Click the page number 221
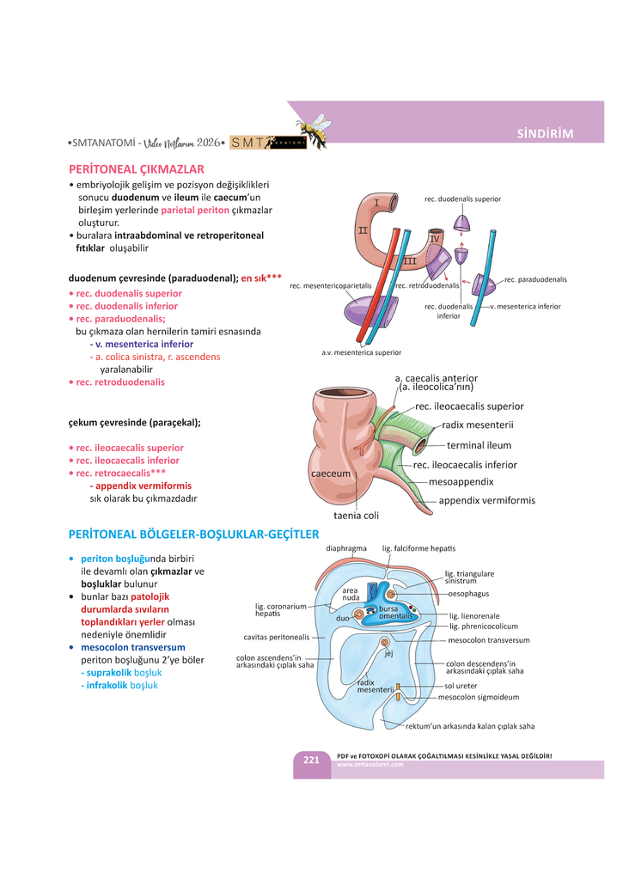311,760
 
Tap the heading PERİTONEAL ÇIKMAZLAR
136,168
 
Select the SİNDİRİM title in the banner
545,133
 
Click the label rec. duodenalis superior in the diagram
462,199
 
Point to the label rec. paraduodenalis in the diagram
535,279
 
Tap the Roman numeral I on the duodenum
376,203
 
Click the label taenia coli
356,516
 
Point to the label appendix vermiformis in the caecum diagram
486,500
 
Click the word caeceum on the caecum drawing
330,474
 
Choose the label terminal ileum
479,445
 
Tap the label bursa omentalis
396,613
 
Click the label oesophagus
468,594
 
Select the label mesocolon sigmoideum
478,697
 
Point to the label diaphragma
346,548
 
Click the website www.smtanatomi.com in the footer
370,765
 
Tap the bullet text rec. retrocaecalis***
120,473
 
